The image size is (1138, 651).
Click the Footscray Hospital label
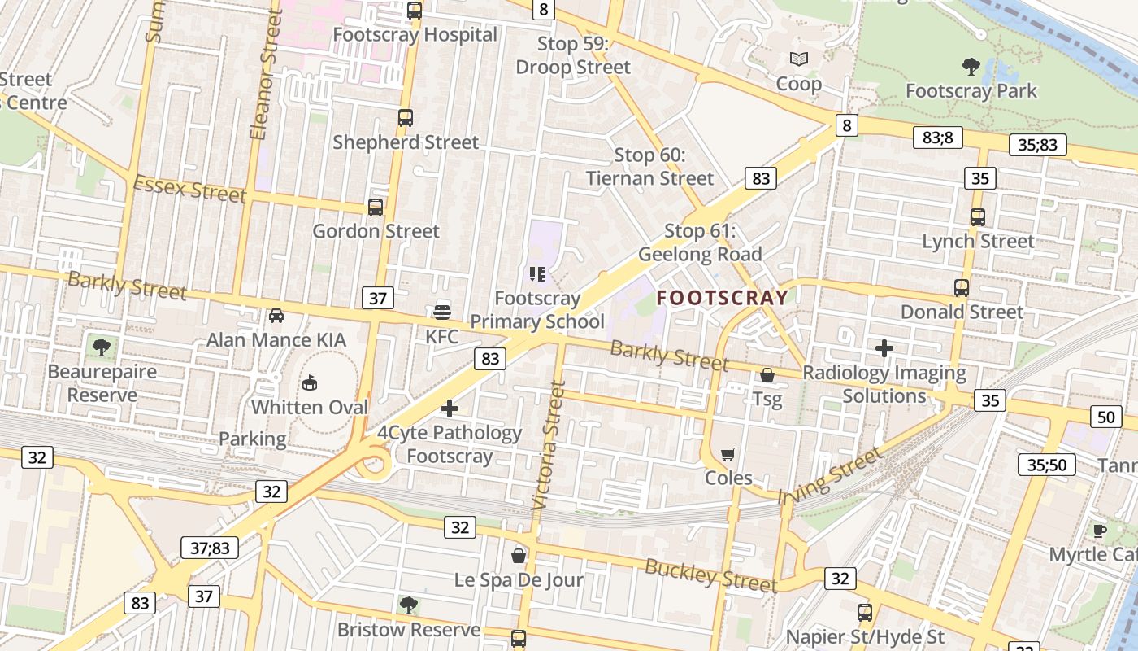click(415, 35)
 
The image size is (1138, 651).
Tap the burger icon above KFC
click(442, 311)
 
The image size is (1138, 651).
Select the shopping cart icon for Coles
click(728, 454)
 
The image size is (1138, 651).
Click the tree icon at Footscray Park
click(971, 66)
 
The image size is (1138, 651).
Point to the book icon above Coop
click(799, 59)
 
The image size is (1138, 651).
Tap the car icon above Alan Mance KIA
click(276, 315)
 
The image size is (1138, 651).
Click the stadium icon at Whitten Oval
click(310, 382)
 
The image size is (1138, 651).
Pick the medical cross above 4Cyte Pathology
click(450, 409)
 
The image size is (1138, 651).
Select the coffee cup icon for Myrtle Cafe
click(1099, 531)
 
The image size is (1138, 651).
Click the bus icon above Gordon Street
click(376, 207)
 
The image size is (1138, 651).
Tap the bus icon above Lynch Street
click(978, 217)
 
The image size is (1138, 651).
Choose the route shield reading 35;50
click(1047, 465)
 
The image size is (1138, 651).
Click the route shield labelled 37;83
click(210, 548)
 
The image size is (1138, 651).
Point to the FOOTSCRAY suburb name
click(723, 298)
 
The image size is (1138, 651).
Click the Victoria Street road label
click(548, 445)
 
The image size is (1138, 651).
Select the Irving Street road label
click(829, 475)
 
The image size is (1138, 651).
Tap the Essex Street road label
click(189, 190)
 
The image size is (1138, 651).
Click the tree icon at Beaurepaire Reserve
click(102, 347)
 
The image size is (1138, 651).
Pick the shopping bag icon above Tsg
click(767, 375)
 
